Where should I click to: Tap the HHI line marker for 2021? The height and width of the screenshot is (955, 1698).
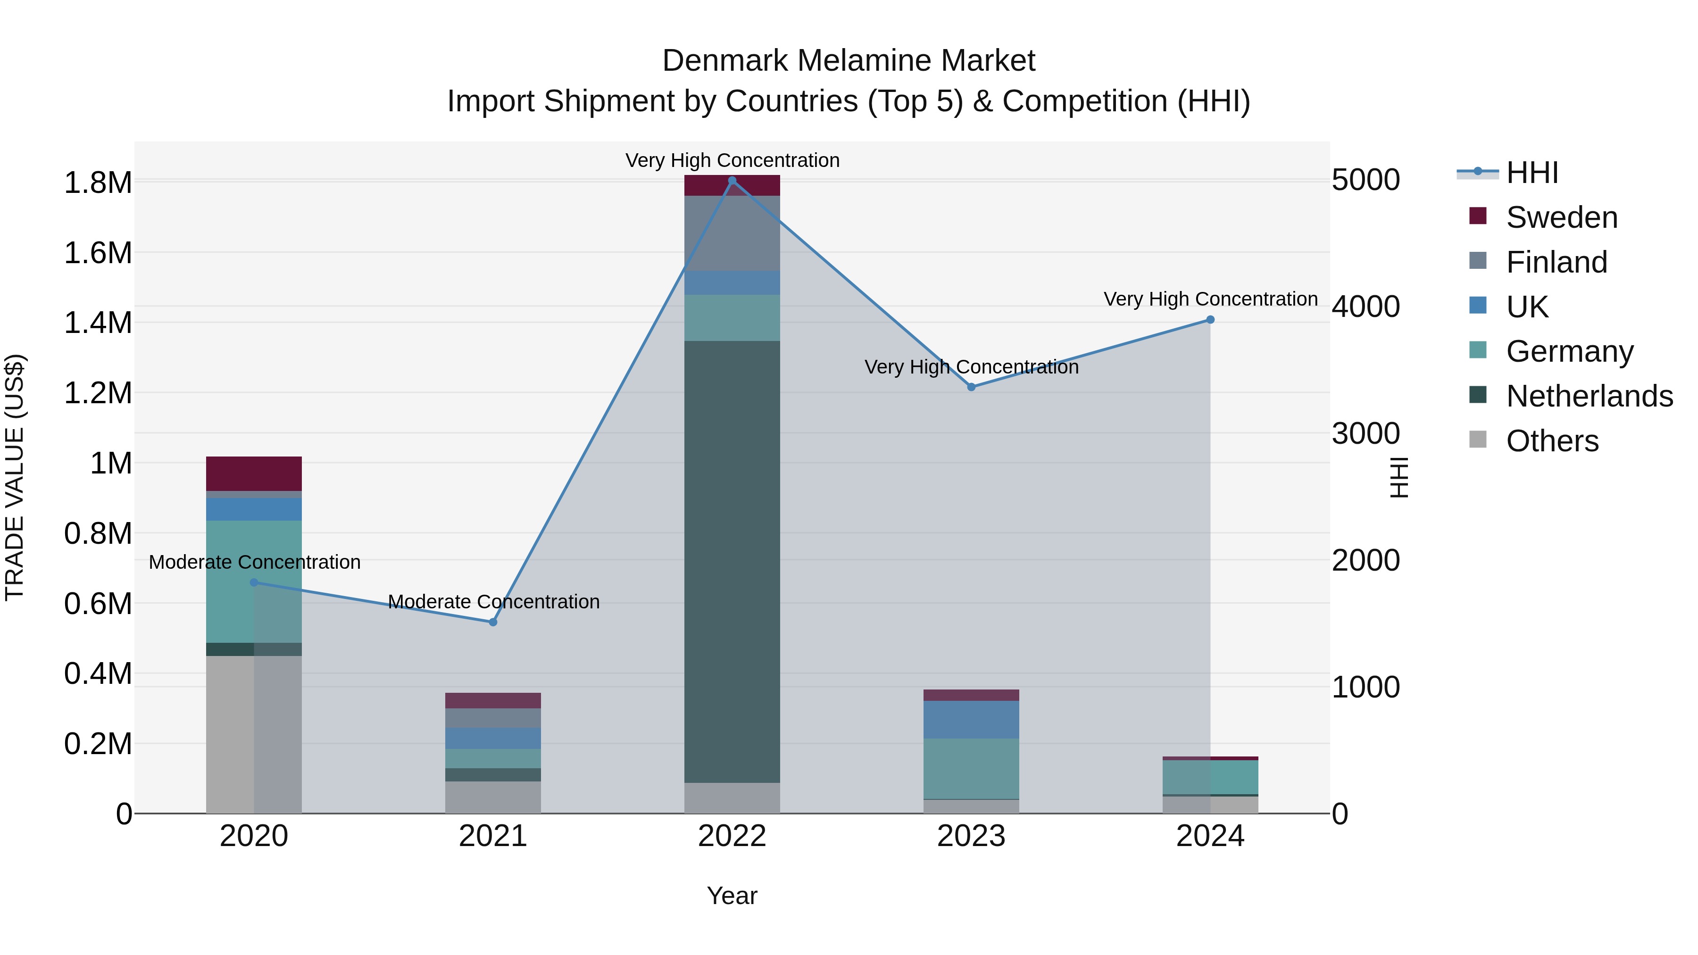pyautogui.click(x=493, y=622)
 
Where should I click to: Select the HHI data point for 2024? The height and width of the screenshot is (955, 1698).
pyautogui.click(x=1210, y=320)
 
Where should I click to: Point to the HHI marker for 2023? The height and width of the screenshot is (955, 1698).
pyautogui.click(x=971, y=387)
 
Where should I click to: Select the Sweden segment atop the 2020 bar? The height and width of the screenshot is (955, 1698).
pyautogui.click(x=254, y=473)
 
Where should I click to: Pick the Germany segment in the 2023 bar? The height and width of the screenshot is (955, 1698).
pyautogui.click(x=971, y=769)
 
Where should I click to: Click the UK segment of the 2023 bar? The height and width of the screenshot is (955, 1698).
pyautogui.click(x=971, y=719)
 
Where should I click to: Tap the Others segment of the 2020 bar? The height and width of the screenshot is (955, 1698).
pyautogui.click(x=254, y=734)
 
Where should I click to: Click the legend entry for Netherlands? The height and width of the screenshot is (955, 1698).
pyautogui.click(x=1589, y=396)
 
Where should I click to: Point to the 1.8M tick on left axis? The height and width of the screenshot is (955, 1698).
pyautogui.click(x=98, y=183)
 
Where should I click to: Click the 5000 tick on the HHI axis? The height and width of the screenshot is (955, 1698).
pyautogui.click(x=1365, y=180)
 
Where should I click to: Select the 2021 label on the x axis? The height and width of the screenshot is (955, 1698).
pyautogui.click(x=493, y=836)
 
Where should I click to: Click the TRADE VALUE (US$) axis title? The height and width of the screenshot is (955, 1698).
pyautogui.click(x=15, y=477)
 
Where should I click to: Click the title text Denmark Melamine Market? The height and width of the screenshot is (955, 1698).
pyautogui.click(x=849, y=61)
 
